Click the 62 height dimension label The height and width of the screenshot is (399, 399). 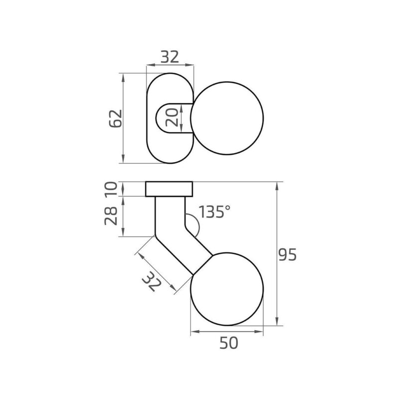pos(116,118)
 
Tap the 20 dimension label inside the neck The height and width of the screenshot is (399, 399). pos(172,117)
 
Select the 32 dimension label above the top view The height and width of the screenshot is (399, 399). pos(170,57)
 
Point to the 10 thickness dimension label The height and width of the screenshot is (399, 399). pos(111,189)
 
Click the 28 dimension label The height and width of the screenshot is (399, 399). pos(111,216)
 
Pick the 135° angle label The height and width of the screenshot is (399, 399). pos(214,211)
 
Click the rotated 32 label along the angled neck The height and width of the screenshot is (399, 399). pos(152,281)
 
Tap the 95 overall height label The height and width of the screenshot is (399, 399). pos(288,255)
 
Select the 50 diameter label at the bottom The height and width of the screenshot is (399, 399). pos(229,343)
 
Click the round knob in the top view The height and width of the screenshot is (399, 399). pos(227,118)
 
